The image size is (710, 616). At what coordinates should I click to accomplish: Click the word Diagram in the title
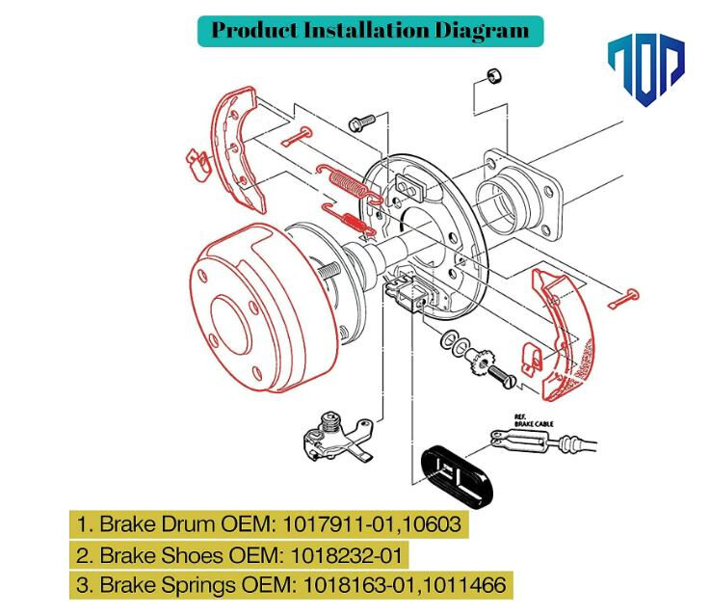pos(478,30)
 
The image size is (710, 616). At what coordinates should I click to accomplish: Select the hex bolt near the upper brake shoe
pos(363,122)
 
